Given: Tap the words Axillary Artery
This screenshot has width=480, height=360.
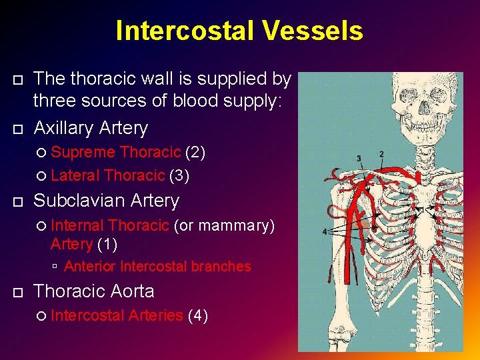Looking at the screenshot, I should click(91, 127).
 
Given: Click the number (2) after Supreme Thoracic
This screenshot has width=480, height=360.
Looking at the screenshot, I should click(195, 152).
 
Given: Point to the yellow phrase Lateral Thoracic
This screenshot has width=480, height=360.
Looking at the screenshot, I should click(107, 175).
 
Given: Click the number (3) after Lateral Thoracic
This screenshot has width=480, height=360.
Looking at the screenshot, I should click(179, 175).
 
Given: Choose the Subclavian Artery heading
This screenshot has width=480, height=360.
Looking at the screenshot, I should click(107, 200).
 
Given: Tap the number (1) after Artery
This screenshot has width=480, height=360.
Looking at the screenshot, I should click(107, 244).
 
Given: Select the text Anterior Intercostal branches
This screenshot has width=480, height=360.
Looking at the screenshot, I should click(158, 267).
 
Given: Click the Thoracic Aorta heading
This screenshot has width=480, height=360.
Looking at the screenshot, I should click(94, 291).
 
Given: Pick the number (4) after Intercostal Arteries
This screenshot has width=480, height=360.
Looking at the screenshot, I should click(198, 315).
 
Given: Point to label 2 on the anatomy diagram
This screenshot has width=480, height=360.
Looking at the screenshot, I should click(381, 155).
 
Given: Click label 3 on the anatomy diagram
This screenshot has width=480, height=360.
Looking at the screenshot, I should click(359, 159).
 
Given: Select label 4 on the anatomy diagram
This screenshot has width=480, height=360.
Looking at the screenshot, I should click(325, 231).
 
